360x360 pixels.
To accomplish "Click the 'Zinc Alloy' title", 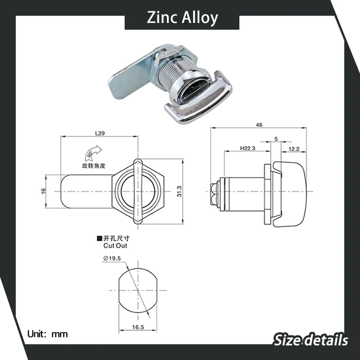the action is [183, 18].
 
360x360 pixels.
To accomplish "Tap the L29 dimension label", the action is [100, 133].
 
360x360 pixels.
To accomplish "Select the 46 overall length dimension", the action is [259, 125].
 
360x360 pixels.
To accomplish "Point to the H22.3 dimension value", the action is [247, 148].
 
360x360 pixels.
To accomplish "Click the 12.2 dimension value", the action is [294, 149].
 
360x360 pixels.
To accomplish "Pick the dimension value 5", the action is [276, 139].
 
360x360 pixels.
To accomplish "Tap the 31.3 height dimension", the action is [179, 191].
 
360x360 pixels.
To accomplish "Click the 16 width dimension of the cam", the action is [43, 191].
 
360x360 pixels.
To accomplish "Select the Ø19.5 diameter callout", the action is [112, 258].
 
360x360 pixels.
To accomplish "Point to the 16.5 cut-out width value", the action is [138, 327].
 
